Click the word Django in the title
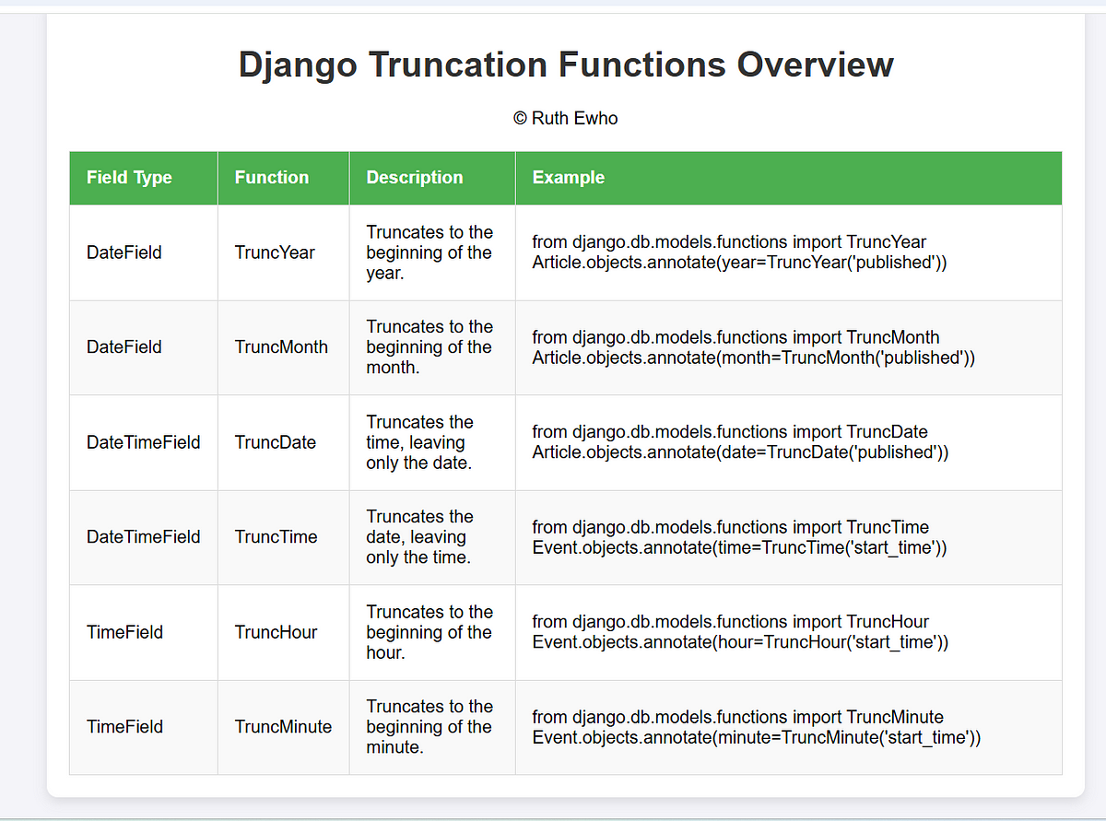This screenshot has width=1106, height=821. [x=298, y=65]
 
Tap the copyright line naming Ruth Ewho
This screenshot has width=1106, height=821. [x=566, y=118]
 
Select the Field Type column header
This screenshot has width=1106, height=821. [x=129, y=178]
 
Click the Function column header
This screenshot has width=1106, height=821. [x=272, y=178]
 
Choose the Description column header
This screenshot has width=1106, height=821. [x=415, y=178]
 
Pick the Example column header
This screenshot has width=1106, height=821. [x=569, y=178]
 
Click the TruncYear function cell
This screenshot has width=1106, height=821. [x=275, y=252]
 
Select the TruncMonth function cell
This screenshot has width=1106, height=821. [x=281, y=347]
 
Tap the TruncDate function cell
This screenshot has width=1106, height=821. [x=276, y=442]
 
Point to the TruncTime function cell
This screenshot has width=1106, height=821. [x=276, y=537]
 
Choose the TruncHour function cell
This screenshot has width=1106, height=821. [x=276, y=632]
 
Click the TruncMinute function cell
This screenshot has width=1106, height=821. [x=283, y=727]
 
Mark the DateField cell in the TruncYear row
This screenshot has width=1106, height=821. [x=124, y=252]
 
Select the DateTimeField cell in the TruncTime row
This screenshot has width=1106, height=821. [x=144, y=537]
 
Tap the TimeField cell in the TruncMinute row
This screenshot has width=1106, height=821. [x=124, y=727]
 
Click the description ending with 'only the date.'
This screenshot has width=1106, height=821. [x=420, y=442]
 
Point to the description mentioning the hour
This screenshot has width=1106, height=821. [x=429, y=632]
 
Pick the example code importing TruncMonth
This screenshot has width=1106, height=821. [x=753, y=347]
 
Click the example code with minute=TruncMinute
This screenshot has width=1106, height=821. [x=757, y=727]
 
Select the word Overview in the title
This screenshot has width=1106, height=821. [x=816, y=65]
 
